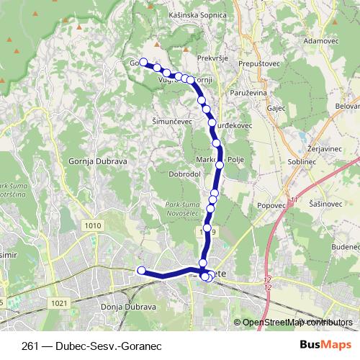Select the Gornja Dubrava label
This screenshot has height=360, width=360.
click(x=99, y=161)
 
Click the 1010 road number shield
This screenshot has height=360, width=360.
click(x=92, y=225)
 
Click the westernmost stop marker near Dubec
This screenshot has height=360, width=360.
click(x=141, y=271)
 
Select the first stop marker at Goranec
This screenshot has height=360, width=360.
click(x=143, y=63)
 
